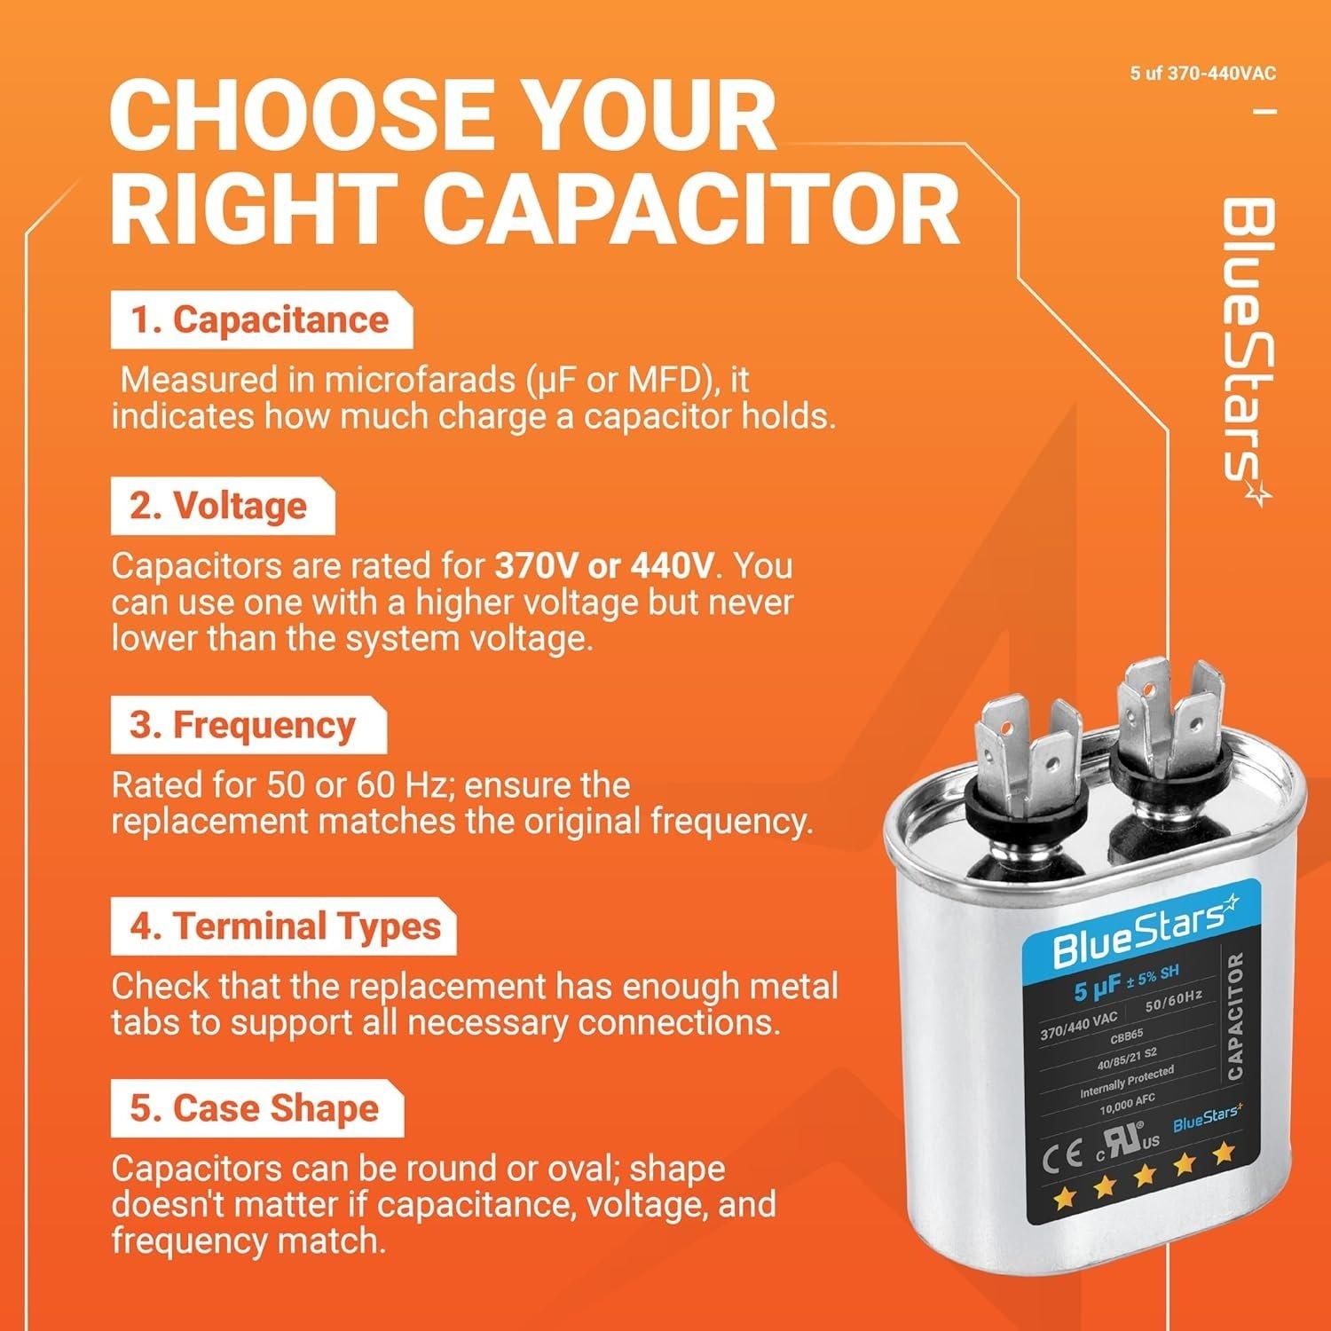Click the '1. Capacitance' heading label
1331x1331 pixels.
click(x=260, y=320)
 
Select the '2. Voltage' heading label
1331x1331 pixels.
click(x=218, y=506)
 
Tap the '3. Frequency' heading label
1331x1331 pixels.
click(x=242, y=726)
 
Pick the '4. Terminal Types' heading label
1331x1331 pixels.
click(x=285, y=926)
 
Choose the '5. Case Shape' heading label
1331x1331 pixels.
click(x=254, y=1109)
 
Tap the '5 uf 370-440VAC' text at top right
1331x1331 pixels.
click(x=1202, y=74)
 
